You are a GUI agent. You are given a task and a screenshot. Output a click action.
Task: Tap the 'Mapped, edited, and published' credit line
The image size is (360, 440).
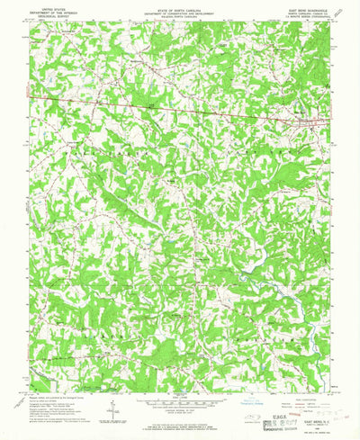coord(54,382)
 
